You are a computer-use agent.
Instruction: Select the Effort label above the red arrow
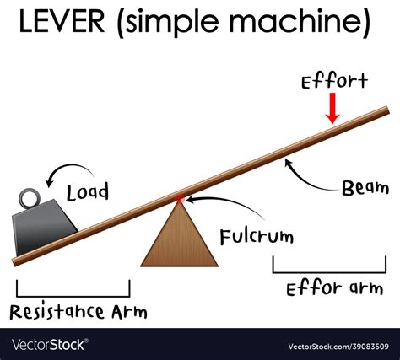334,81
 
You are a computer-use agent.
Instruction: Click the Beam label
365,188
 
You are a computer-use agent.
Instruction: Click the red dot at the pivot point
179,200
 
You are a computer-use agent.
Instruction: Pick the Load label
89,192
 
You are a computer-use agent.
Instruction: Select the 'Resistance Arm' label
78,312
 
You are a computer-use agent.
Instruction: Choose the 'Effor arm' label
333,288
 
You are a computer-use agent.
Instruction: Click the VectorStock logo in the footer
51,344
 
